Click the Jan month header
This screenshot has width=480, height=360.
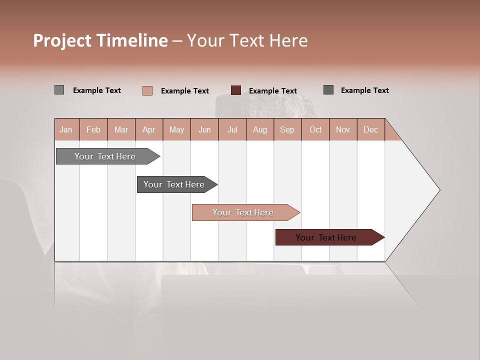[x=66, y=129]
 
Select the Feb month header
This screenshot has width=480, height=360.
[x=93, y=129]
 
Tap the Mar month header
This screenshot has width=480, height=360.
[x=121, y=129]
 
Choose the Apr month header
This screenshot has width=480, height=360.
[x=149, y=129]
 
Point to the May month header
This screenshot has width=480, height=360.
[x=176, y=129]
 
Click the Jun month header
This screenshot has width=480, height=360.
[x=204, y=129]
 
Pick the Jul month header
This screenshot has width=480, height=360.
[x=232, y=129]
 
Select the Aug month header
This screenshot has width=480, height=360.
[x=260, y=129]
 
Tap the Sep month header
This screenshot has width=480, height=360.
[x=287, y=129]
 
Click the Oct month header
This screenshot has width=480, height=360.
[x=315, y=129]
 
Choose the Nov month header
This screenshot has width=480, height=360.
[x=343, y=129]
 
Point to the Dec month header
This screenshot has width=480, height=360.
[x=370, y=129]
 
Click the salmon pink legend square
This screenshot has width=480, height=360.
[x=147, y=90]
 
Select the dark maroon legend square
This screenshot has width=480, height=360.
[x=236, y=90]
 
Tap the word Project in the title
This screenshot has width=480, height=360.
[x=62, y=40]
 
